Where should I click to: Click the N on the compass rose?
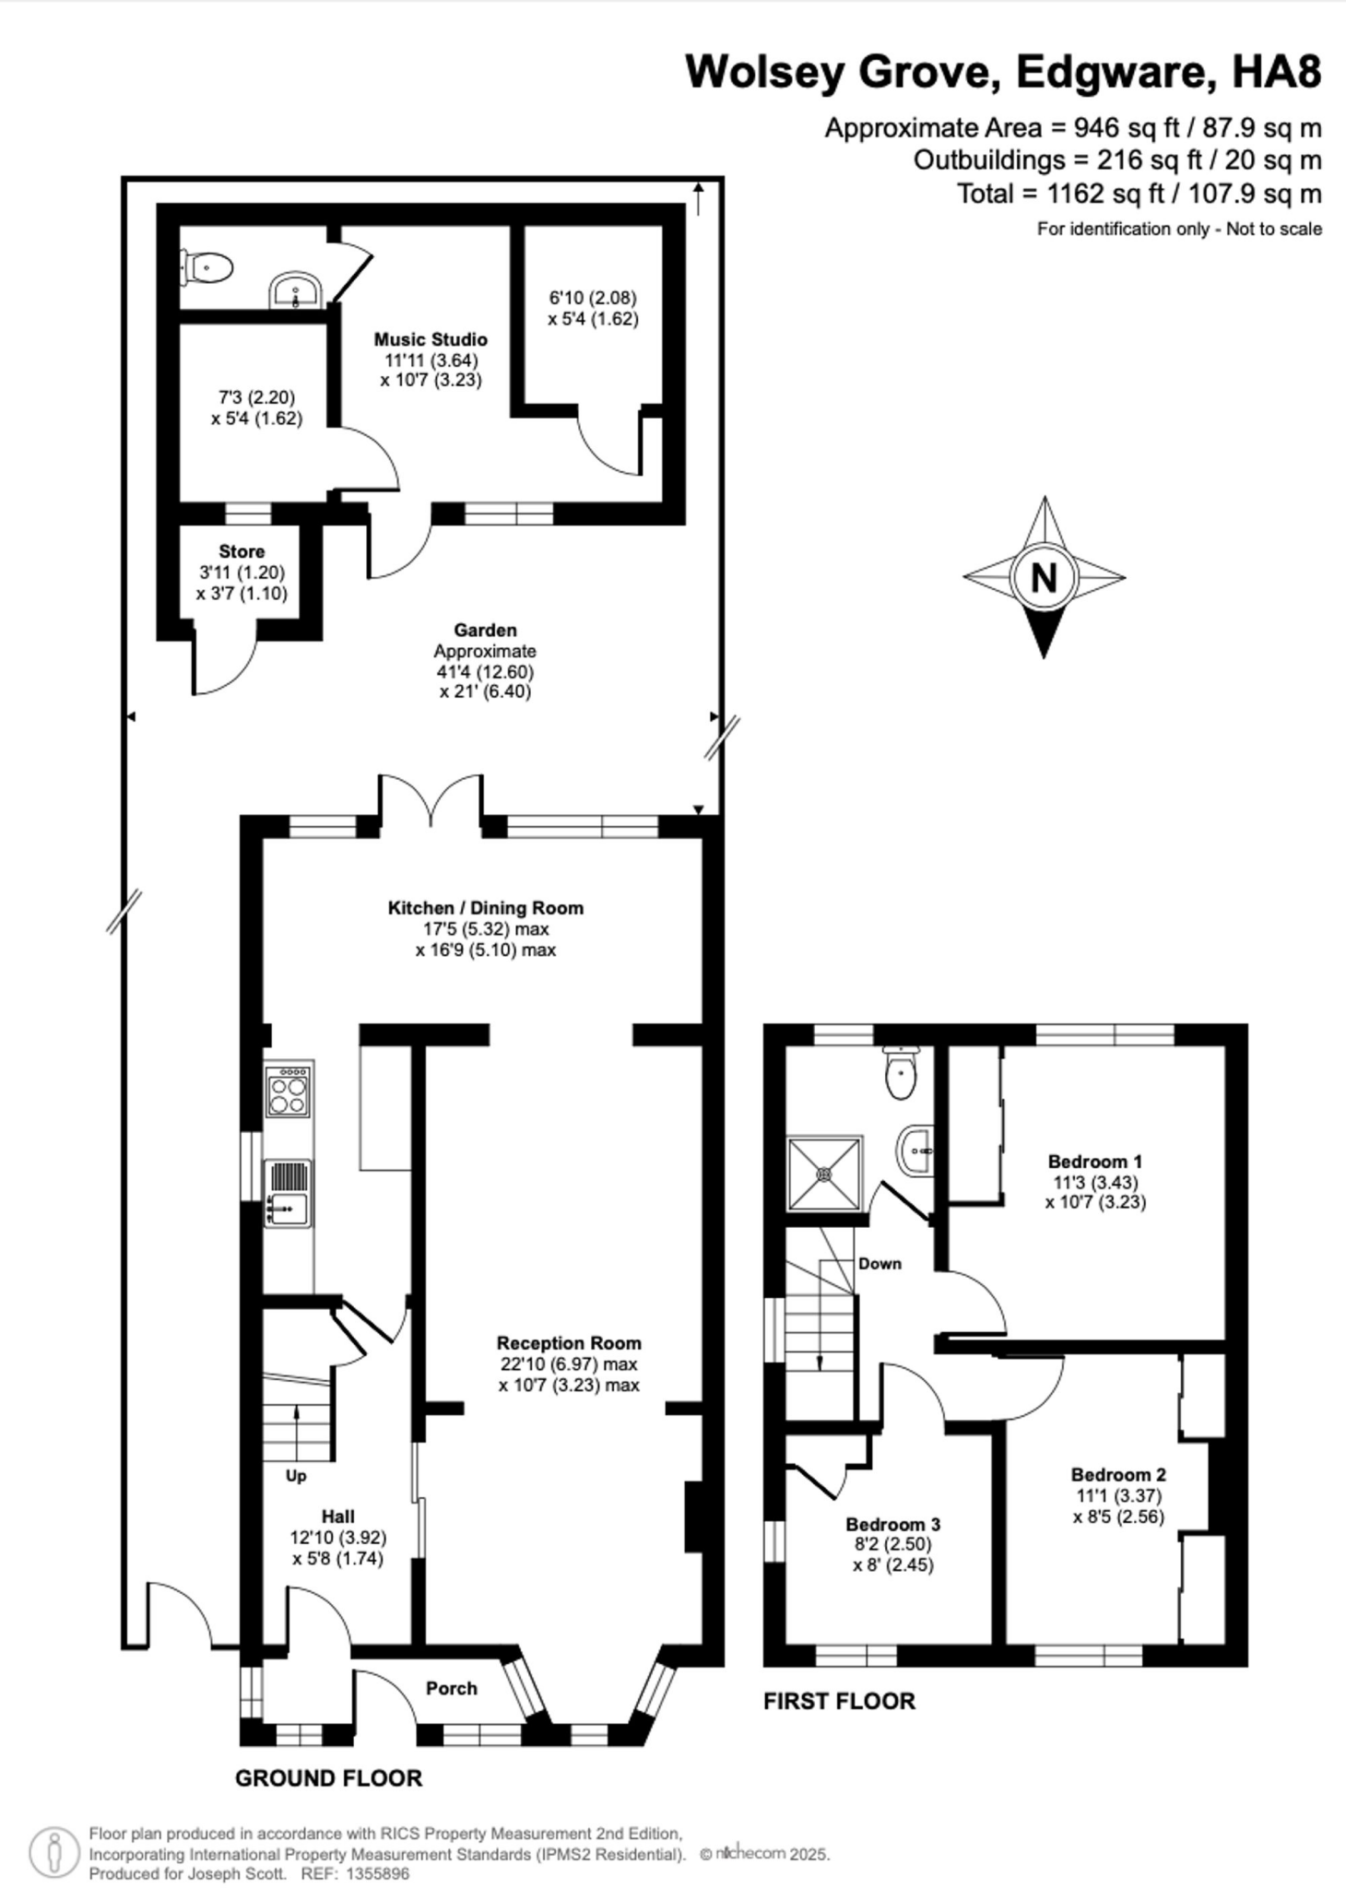(x=1044, y=578)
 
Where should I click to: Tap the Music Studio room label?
(x=430, y=339)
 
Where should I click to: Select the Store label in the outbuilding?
(x=242, y=551)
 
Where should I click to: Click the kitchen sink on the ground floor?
(x=288, y=1206)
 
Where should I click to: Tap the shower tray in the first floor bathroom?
(x=824, y=1174)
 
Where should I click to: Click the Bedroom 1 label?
(x=1095, y=1161)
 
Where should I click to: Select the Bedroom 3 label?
(x=892, y=1524)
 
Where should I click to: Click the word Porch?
(x=451, y=1688)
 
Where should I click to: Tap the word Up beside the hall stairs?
(x=296, y=1475)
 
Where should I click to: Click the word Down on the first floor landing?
(x=880, y=1263)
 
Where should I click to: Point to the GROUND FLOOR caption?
(x=328, y=1778)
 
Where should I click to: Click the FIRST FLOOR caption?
(x=839, y=1701)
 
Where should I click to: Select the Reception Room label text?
(x=569, y=1343)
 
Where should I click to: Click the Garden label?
(x=485, y=631)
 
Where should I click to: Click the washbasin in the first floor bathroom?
(x=915, y=1150)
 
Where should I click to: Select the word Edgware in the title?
(x=1117, y=71)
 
